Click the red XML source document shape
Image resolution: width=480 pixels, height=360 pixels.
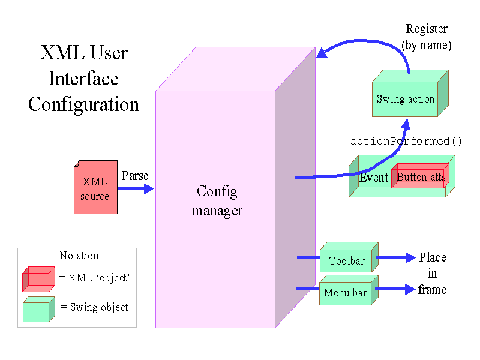(x=95, y=187)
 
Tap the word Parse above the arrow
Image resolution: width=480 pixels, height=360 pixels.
(x=134, y=176)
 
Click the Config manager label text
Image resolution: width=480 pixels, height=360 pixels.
(x=217, y=201)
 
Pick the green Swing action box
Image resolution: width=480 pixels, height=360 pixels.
(x=406, y=99)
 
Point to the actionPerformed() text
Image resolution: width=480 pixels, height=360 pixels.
(x=406, y=142)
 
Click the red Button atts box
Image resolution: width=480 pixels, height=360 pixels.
(x=421, y=177)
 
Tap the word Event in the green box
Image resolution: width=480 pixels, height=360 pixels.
(x=374, y=178)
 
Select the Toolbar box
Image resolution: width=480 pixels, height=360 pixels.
(x=347, y=261)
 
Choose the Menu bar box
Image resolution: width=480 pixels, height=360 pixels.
(x=345, y=293)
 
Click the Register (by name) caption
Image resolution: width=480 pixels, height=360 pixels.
(x=426, y=37)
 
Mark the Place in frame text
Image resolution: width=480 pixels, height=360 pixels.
(x=433, y=274)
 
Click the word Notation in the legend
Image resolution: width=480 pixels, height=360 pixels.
(x=79, y=256)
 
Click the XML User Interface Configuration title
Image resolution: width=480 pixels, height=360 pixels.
(x=83, y=79)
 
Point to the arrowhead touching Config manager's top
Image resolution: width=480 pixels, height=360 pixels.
(x=322, y=53)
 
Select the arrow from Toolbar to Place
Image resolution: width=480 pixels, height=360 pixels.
(x=395, y=258)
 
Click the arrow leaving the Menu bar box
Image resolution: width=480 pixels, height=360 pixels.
(x=395, y=290)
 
